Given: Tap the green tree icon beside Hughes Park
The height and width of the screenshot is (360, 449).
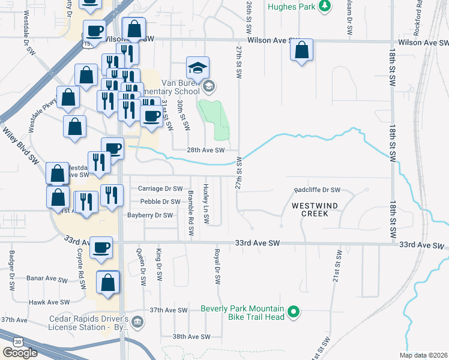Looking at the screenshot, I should tap(325, 6).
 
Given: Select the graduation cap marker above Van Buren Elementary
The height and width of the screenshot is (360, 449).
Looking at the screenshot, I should tap(197, 68).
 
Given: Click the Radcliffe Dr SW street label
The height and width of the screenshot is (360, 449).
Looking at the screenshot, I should tap(317, 190).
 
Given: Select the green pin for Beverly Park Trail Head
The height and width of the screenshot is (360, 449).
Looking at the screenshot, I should tap(294, 311).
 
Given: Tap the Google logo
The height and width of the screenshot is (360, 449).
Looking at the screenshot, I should tap(20, 352).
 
